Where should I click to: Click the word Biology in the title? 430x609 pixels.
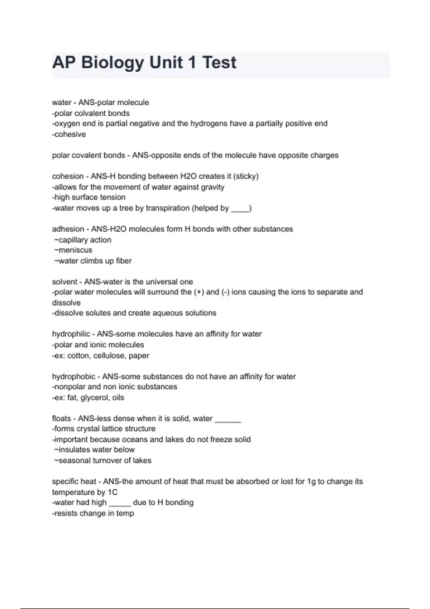[112, 63]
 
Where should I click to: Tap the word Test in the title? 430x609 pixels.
[219, 63]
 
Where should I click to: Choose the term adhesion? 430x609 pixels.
[68, 229]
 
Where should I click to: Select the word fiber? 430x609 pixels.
[124, 261]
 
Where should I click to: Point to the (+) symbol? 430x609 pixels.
[199, 292]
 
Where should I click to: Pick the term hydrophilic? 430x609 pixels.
[71, 334]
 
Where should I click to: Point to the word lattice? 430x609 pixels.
[110, 429]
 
